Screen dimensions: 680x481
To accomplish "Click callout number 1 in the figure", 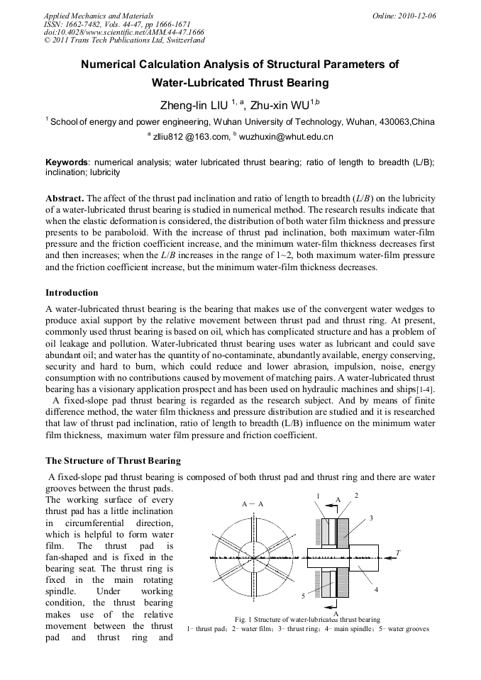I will (319, 495).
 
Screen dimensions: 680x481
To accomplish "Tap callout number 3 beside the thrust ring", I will (370, 518).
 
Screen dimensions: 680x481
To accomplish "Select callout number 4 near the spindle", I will (375, 589).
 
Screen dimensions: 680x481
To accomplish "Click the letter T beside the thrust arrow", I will (398, 552).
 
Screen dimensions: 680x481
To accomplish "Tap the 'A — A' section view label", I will (253, 503).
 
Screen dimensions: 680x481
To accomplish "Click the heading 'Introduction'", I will (72, 293).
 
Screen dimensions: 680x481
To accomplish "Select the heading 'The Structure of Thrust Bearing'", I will (113, 461).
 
